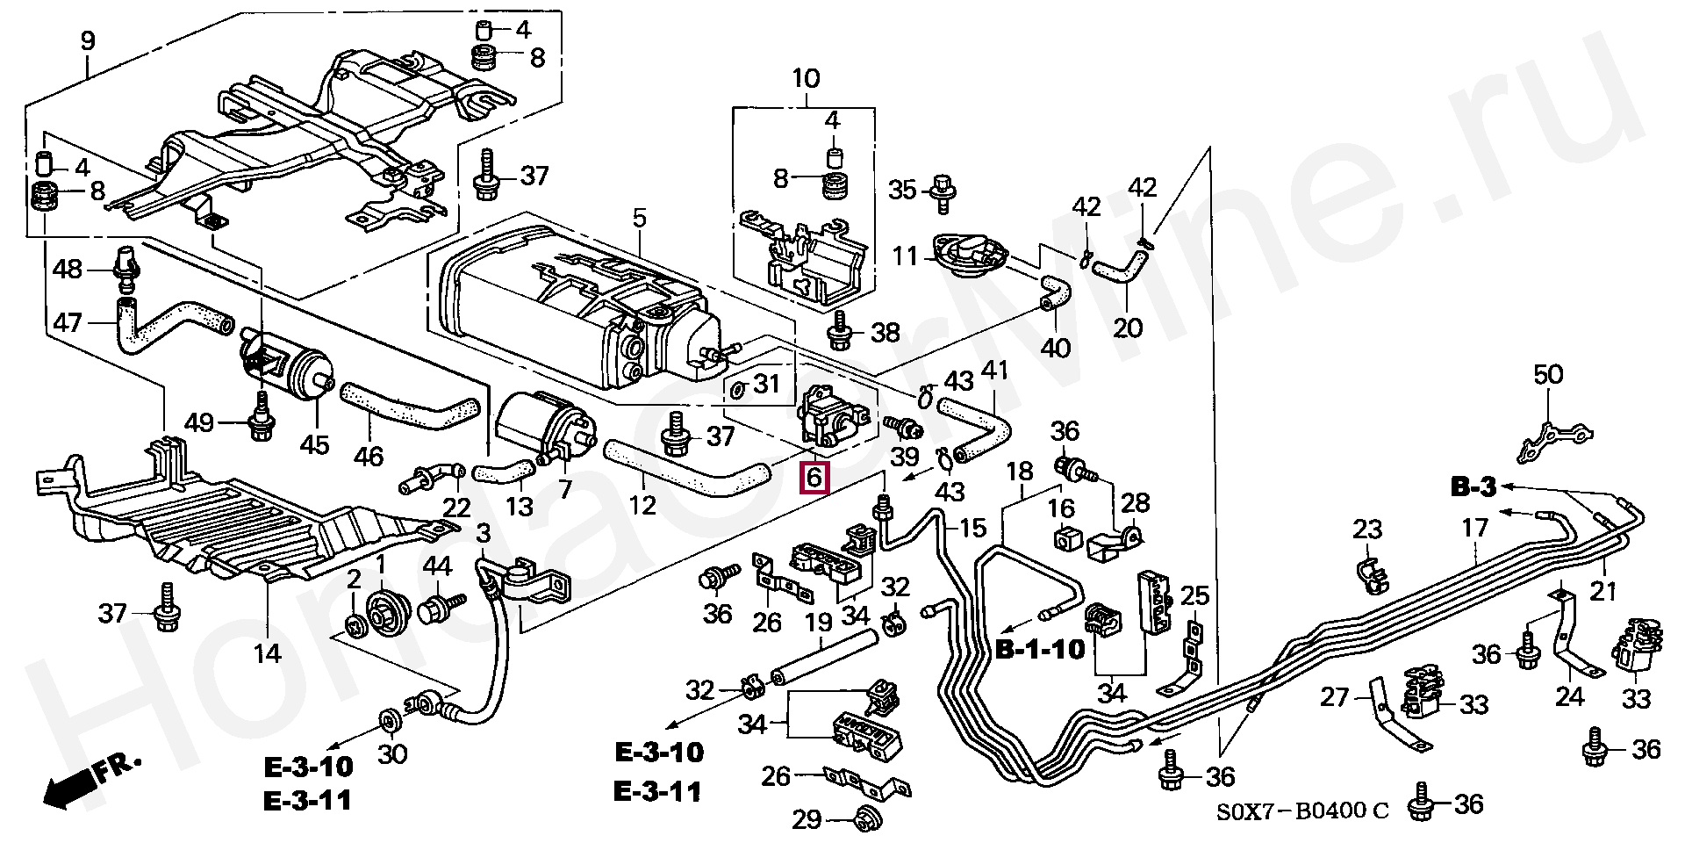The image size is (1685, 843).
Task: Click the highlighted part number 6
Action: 814,479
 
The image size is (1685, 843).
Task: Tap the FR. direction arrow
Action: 88,780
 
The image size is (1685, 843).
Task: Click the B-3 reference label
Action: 1472,487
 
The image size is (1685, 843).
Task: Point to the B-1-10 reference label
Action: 1041,650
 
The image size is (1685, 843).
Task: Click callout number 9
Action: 88,41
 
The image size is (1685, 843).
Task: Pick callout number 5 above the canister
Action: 639,218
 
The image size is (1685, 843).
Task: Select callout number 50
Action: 1548,376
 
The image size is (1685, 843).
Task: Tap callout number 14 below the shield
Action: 268,652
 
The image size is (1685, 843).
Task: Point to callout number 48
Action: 68,269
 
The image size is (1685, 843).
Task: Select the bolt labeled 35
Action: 943,191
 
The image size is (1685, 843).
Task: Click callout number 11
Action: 905,256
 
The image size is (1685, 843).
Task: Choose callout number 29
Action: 807,820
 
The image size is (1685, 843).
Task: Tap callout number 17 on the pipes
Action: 1475,528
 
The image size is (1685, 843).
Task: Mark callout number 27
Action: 1334,697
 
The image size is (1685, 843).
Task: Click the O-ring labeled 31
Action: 739,387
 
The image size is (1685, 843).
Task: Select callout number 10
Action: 806,79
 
